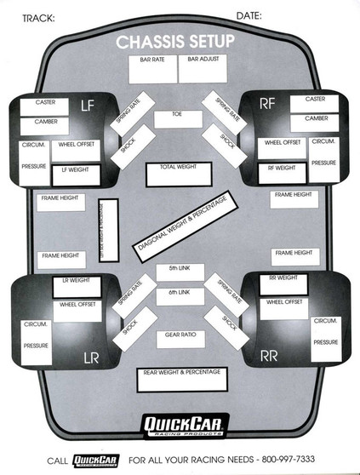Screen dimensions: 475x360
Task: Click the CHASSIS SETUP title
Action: click(179, 42)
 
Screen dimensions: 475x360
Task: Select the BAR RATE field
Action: click(153, 68)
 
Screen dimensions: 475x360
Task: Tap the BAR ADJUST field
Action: click(203, 68)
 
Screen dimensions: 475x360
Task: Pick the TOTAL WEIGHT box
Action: click(178, 173)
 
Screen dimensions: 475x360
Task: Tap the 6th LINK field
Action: click(179, 295)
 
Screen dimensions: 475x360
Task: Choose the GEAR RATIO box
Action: click(180, 339)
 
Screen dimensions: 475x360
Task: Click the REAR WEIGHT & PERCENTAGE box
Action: click(183, 379)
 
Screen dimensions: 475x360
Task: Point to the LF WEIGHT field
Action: click(76, 175)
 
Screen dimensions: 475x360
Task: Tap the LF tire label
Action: click(87, 106)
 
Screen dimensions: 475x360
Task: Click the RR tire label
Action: click(269, 355)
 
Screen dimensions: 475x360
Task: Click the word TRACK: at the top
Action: click(37, 17)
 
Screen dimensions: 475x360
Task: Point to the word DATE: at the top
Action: click(249, 15)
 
